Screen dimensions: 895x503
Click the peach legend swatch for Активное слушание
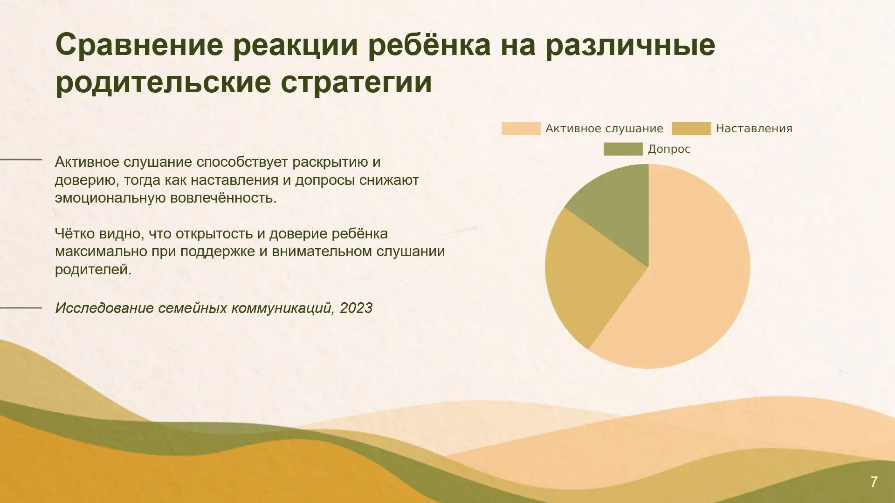click(x=521, y=129)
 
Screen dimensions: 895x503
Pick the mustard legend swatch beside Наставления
click(x=691, y=129)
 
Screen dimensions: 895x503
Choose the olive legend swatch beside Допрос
click(x=623, y=149)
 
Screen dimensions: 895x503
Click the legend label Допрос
click(x=669, y=149)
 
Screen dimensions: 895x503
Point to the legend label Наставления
click(x=754, y=129)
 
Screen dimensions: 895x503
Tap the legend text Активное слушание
click(x=604, y=129)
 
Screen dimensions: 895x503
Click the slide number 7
click(x=874, y=482)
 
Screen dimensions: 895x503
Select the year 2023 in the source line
click(x=356, y=308)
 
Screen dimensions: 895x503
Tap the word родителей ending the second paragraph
click(x=93, y=269)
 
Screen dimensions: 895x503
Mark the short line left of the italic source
click(x=21, y=308)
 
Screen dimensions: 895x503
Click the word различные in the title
click(x=630, y=45)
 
